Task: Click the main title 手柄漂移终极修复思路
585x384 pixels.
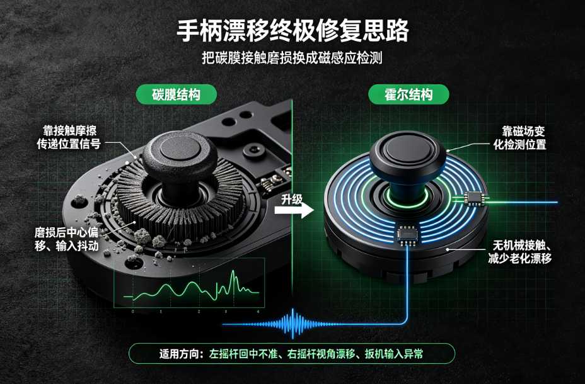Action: click(x=292, y=31)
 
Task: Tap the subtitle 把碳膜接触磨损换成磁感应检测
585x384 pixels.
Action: click(x=292, y=58)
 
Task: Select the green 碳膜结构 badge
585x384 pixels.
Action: click(x=176, y=94)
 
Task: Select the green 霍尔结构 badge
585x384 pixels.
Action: click(x=408, y=94)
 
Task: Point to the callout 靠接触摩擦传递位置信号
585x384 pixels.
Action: click(x=69, y=137)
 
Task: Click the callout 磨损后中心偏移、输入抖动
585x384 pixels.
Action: click(x=66, y=239)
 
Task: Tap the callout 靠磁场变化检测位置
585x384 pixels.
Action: click(x=519, y=138)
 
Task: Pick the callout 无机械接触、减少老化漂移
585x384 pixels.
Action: click(x=519, y=252)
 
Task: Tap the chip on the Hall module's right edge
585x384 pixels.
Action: click(x=474, y=198)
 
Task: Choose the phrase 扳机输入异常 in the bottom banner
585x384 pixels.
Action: click(x=394, y=354)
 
